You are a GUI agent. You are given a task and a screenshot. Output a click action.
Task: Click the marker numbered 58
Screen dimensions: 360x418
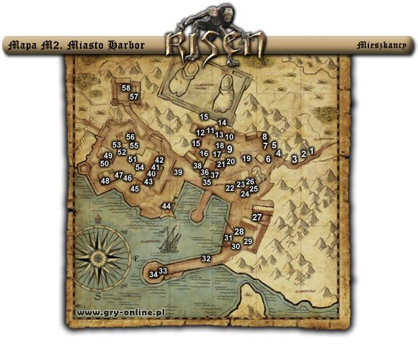click(126, 88)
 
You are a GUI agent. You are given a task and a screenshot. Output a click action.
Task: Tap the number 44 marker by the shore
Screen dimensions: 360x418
click(166, 206)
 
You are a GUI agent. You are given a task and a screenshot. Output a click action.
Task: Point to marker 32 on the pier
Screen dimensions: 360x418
click(206, 258)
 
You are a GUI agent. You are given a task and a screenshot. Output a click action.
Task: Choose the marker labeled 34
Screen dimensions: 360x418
click(153, 274)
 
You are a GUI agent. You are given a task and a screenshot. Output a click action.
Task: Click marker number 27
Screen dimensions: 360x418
click(257, 217)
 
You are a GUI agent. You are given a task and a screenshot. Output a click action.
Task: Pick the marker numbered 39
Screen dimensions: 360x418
click(178, 172)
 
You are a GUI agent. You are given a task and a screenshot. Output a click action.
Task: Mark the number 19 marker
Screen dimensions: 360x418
click(246, 158)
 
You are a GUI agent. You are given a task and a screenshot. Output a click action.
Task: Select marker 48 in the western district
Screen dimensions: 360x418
click(105, 181)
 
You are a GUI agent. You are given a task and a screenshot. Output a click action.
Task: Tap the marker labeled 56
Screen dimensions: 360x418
click(130, 137)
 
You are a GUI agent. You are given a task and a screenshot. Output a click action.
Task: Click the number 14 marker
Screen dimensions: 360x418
click(222, 122)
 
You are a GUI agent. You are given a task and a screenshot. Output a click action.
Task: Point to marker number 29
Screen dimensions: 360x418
click(248, 241)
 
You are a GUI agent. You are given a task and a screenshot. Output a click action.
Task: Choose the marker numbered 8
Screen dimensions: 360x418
click(264, 136)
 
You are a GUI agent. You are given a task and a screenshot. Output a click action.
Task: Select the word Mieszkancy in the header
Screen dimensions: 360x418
click(381, 45)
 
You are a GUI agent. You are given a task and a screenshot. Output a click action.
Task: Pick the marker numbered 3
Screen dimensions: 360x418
click(295, 158)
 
